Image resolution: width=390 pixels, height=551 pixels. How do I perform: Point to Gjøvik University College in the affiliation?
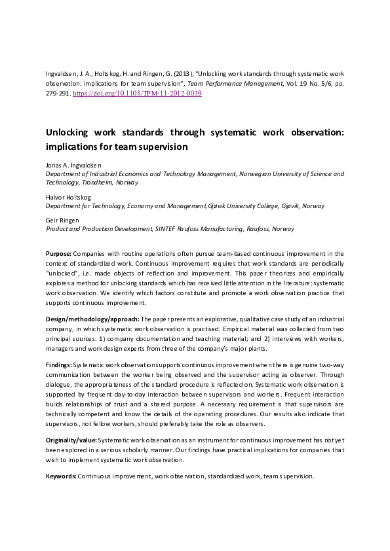coord(244,206)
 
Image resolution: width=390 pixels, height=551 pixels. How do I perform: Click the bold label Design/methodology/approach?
coord(92,319)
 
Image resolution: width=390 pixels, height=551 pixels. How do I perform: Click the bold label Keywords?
coord(61,476)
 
